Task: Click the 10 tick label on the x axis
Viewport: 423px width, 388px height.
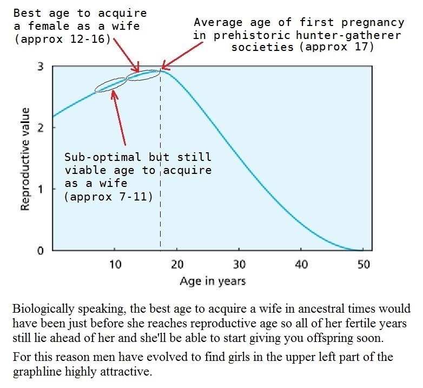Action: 115,264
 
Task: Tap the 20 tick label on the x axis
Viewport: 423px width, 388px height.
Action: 177,264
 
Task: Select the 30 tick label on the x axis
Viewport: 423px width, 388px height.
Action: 240,264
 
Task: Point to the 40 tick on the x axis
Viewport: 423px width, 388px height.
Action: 302,264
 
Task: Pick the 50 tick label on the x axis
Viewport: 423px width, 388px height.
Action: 363,264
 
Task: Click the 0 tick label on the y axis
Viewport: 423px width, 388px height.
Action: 40,251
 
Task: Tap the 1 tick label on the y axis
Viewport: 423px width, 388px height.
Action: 40,189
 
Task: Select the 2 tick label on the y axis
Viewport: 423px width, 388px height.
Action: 40,128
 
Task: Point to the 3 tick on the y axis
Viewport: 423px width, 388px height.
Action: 40,67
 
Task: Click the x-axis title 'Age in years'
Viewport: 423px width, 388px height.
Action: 213,281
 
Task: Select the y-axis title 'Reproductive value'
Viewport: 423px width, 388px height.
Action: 25,159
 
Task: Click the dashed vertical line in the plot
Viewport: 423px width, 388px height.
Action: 160,163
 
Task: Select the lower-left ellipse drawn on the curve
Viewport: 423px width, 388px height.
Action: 110,85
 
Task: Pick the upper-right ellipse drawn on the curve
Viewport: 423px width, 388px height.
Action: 143,74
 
